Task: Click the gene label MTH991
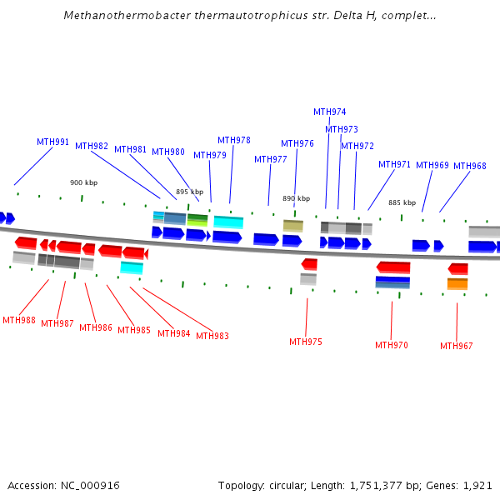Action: [52, 142]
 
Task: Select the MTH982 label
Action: [92, 146]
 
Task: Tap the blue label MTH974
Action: [330, 112]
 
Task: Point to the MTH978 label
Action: [234, 140]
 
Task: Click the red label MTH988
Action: [19, 320]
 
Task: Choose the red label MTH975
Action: [306, 342]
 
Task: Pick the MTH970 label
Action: [392, 345]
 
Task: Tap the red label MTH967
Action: [457, 346]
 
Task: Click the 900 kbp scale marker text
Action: [83, 182]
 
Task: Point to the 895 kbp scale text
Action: [189, 192]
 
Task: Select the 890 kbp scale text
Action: [296, 198]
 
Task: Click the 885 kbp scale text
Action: [402, 202]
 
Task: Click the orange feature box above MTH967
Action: [457, 283]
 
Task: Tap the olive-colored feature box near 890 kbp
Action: [293, 226]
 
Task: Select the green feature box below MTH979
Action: [197, 220]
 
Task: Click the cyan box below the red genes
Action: [132, 267]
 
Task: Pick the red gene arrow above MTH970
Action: [393, 267]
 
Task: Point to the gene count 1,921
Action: [477, 485]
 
